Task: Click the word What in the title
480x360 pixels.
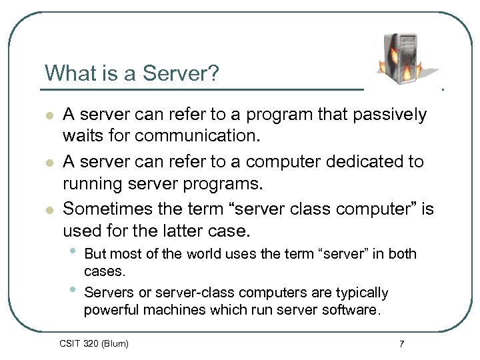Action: click(x=63, y=73)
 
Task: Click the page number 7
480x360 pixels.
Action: click(x=401, y=344)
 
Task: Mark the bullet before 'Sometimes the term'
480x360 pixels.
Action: click(x=49, y=210)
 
